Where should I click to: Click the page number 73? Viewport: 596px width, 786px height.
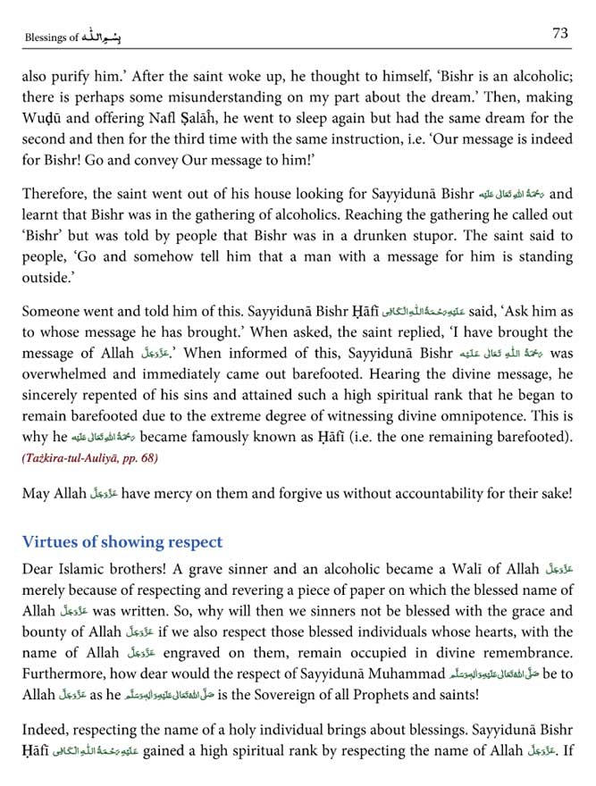click(x=560, y=33)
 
